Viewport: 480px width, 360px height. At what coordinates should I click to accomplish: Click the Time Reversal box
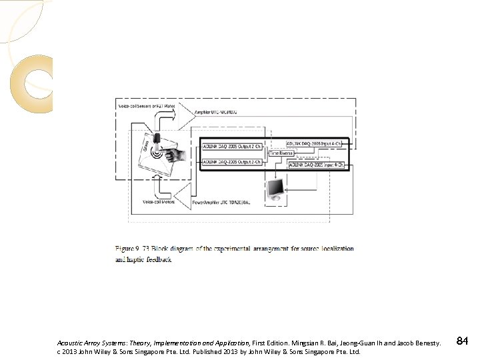coord(281,153)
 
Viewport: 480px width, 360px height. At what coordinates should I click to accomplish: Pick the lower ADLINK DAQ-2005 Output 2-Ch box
coord(232,162)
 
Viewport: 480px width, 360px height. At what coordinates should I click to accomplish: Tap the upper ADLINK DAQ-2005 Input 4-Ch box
coord(314,143)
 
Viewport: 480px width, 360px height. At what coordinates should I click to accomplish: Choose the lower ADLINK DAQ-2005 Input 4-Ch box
coord(316,164)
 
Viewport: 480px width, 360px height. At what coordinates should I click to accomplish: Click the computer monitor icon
coord(275,192)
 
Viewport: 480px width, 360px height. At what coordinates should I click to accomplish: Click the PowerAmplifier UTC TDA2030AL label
coord(222,201)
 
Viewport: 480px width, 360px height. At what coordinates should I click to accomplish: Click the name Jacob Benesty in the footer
coord(419,343)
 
